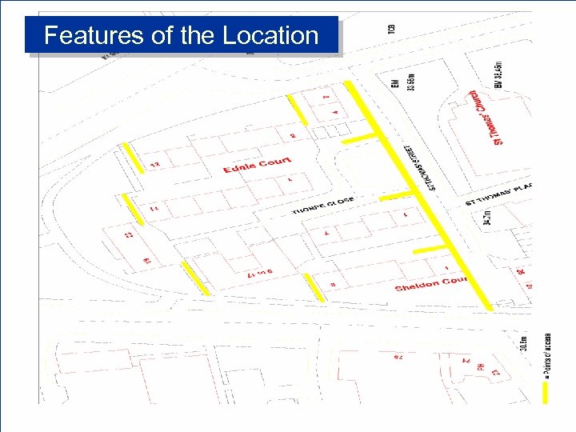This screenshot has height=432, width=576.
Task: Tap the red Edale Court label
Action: [257, 165]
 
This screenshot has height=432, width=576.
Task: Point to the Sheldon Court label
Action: [431, 284]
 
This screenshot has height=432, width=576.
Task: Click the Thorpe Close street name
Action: [324, 206]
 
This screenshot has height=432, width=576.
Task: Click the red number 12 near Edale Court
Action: [154, 165]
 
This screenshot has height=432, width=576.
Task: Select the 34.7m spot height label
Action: [487, 217]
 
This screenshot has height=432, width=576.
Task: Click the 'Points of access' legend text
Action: [547, 353]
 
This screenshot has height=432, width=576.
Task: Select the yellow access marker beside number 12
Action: [133, 158]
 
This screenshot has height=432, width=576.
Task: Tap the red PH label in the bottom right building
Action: [481, 366]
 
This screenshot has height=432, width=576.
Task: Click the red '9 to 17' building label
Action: [261, 274]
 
